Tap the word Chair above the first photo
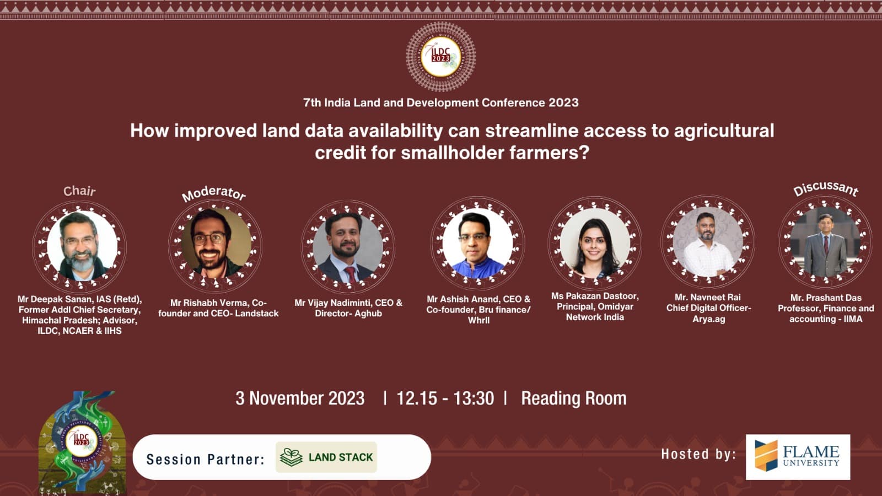click(x=79, y=191)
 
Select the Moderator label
click(x=214, y=193)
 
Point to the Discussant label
click(x=826, y=190)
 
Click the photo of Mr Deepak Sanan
click(x=82, y=246)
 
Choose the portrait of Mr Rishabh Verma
click(x=216, y=243)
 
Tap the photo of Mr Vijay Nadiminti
click(x=348, y=247)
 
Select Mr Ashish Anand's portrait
click(x=477, y=244)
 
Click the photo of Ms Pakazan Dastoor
click(x=595, y=242)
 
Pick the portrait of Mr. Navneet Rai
click(x=708, y=242)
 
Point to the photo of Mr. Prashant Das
click(x=825, y=242)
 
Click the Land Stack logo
click(x=326, y=457)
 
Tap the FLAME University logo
click(x=798, y=457)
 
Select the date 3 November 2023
click(x=300, y=398)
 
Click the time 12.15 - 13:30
click(x=445, y=398)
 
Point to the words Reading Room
click(x=574, y=398)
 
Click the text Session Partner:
click(x=205, y=460)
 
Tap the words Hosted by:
click(x=698, y=454)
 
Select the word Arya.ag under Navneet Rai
click(x=709, y=319)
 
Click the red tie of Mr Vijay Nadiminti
click(x=350, y=275)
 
